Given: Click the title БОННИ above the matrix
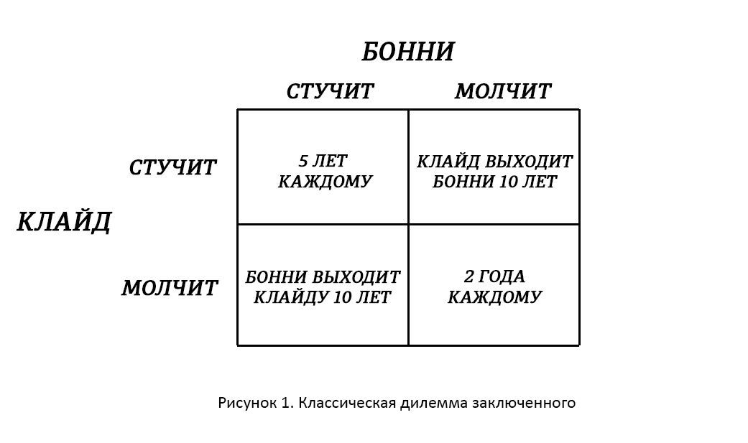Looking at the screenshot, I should point(407,52).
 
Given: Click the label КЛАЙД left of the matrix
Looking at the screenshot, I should point(64,222).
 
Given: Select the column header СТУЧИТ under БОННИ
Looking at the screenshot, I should point(330,92).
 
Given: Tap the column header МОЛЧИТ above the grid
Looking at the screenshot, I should point(503,92).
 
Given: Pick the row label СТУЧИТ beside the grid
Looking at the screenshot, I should point(172,167).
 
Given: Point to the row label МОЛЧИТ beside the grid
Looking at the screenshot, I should point(170,288).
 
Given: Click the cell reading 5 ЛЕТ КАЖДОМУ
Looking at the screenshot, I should point(325,171).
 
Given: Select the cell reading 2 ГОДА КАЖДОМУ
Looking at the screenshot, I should point(494,286).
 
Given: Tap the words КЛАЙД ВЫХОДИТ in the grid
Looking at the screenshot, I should point(494,162).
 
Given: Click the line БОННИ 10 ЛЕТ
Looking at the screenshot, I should point(494,182).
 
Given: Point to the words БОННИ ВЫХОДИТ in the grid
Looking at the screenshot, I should point(323,277).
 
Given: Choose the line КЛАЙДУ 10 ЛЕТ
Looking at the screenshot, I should point(323,297).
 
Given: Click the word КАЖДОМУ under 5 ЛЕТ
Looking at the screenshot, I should point(325,181).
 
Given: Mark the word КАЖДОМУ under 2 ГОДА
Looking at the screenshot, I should point(494,297).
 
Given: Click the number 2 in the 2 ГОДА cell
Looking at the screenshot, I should point(468,277).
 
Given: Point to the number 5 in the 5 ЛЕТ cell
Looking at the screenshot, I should point(303,162).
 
